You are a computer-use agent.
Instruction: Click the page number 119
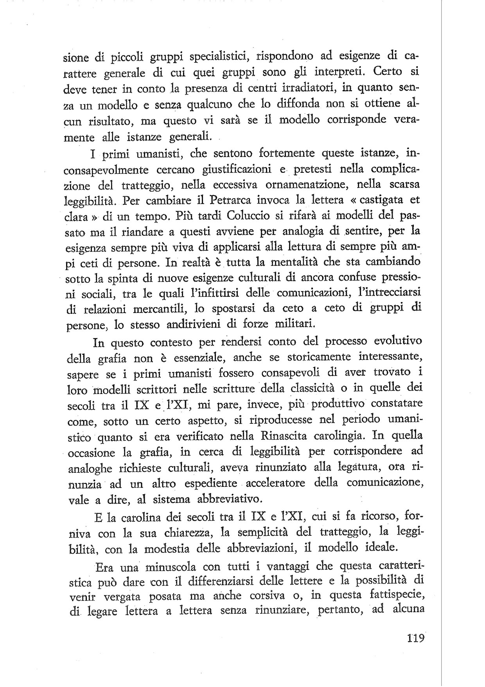[413, 638]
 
